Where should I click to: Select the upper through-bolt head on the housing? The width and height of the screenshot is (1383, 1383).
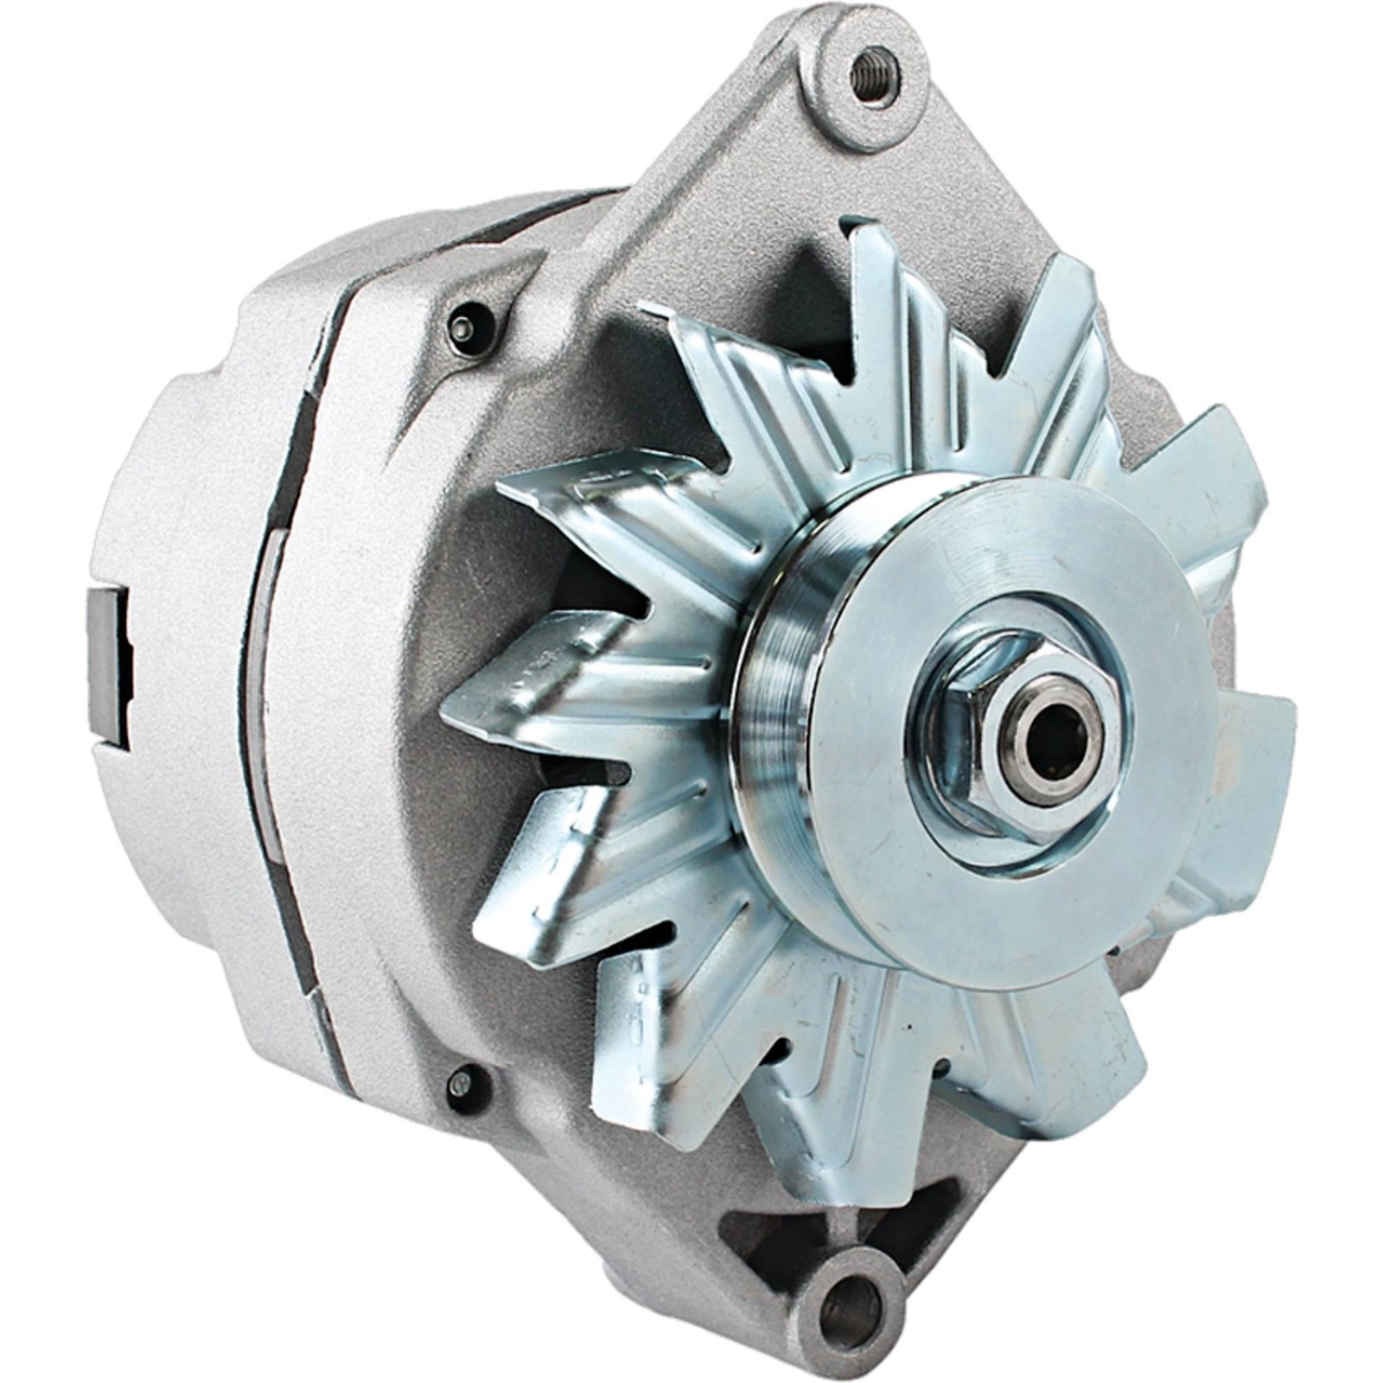point(464,328)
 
